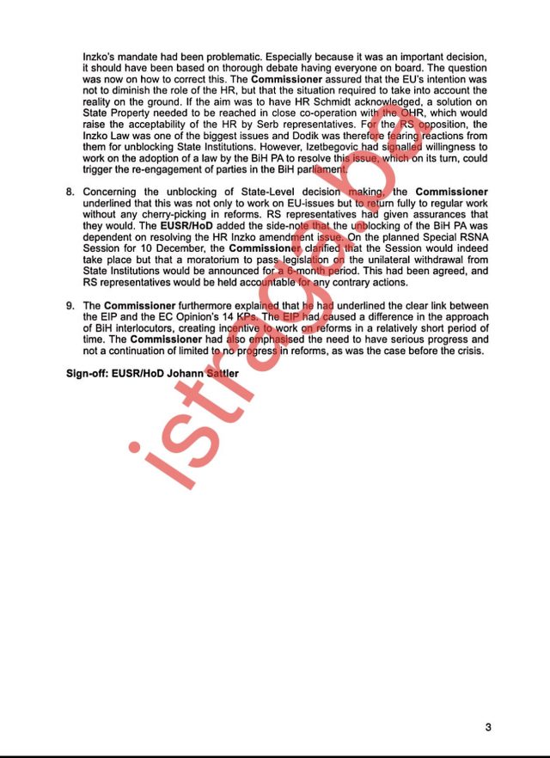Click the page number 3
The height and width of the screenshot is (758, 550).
pyautogui.click(x=488, y=728)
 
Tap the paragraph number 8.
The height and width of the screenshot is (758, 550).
pyautogui.click(x=70, y=191)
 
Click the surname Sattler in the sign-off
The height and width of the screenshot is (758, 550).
pyautogui.click(x=220, y=374)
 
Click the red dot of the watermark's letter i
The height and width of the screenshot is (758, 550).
pyautogui.click(x=134, y=447)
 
